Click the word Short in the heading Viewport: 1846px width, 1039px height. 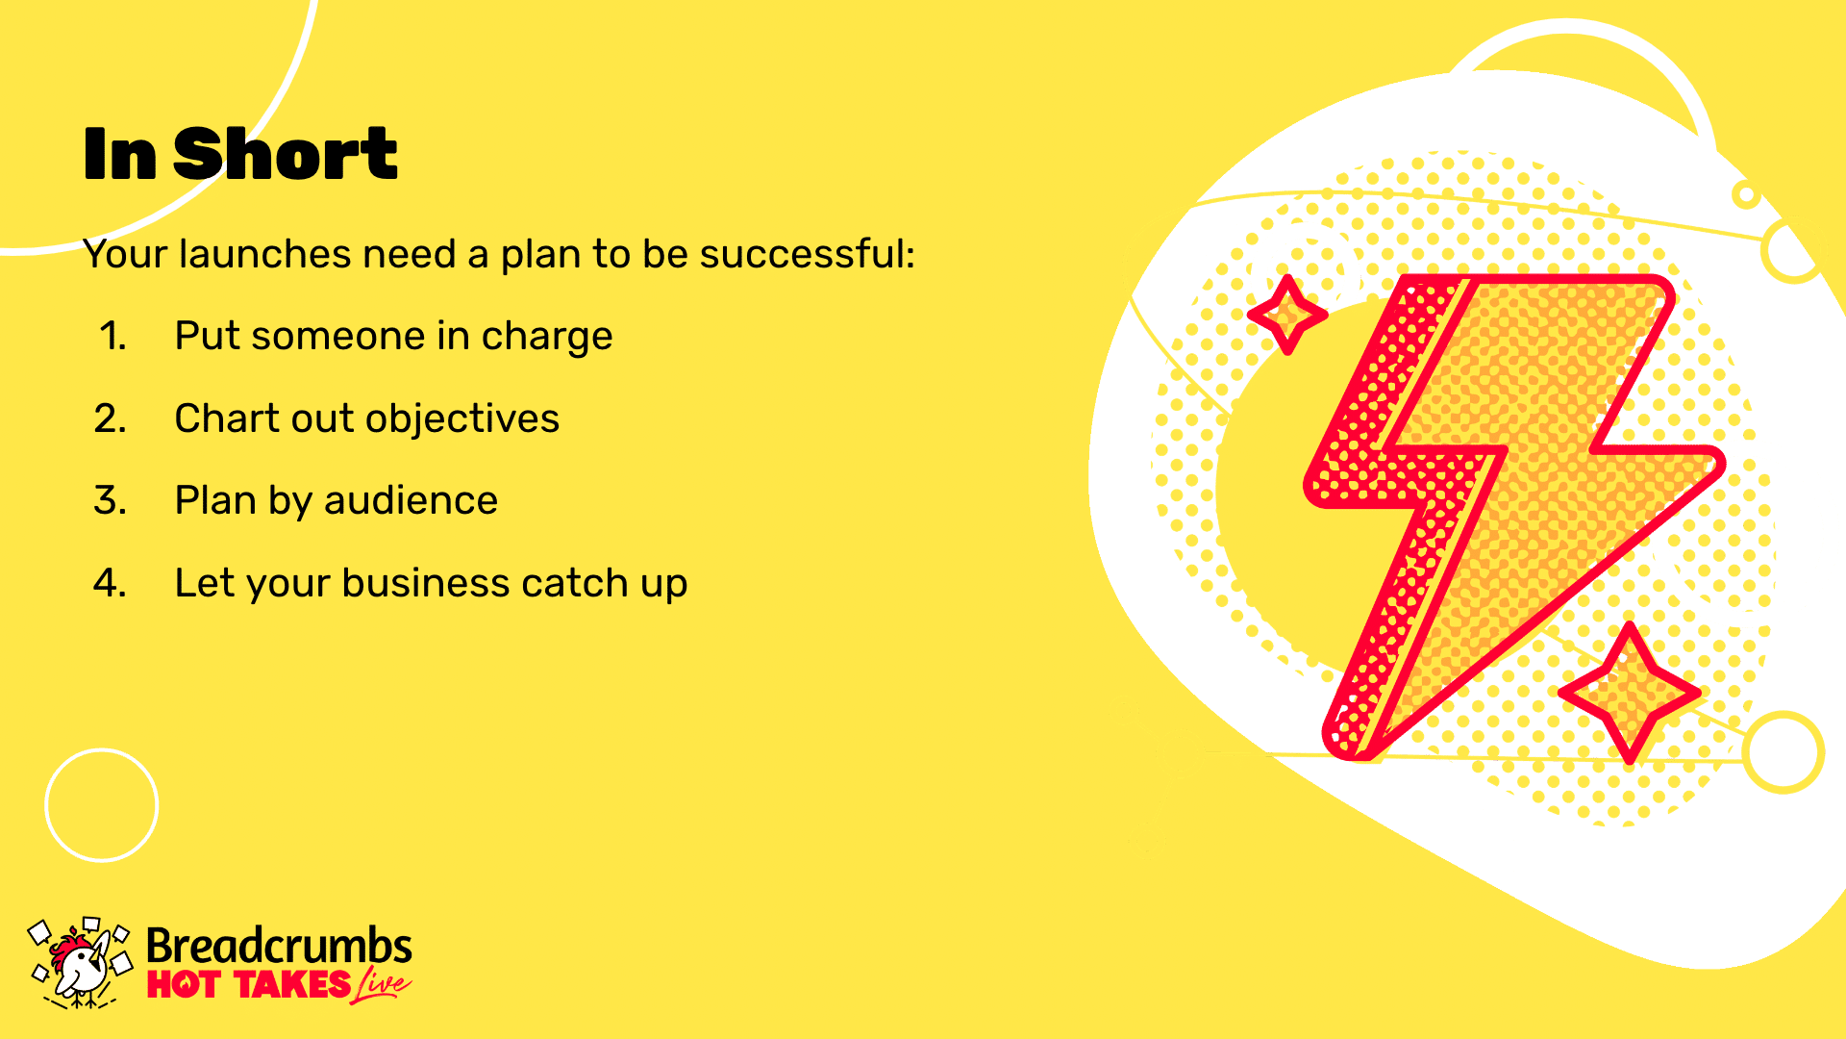pos(286,154)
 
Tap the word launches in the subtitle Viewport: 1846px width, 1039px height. pos(265,254)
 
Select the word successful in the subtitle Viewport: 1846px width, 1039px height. pos(807,254)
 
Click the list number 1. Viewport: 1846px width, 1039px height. pos(112,336)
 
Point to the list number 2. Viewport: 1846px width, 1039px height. pos(111,418)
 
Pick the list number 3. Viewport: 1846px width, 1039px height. pos(111,500)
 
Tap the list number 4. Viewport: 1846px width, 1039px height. pos(111,583)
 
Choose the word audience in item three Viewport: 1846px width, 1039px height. pos(411,500)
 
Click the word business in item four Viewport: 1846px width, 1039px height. pos(425,583)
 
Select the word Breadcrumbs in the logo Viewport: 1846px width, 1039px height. pos(279,947)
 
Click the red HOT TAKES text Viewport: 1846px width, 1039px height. pos(249,985)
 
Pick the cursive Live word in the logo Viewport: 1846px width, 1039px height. pos(382,986)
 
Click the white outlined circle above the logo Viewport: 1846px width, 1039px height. pos(102,750)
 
